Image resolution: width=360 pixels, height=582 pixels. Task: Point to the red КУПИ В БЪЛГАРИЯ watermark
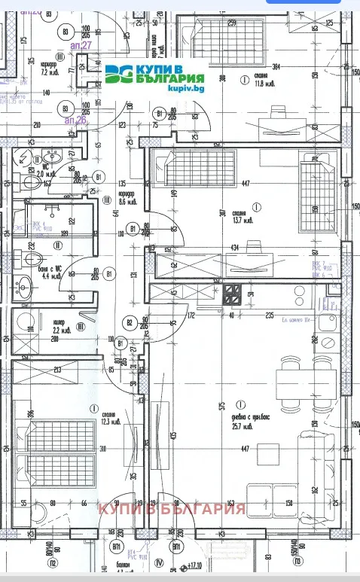tap(172, 509)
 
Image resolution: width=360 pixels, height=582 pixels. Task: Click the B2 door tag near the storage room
tap(130, 324)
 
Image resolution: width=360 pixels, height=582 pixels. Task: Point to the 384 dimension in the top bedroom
tap(277, 66)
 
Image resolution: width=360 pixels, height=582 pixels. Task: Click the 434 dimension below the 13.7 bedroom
tap(236, 248)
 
